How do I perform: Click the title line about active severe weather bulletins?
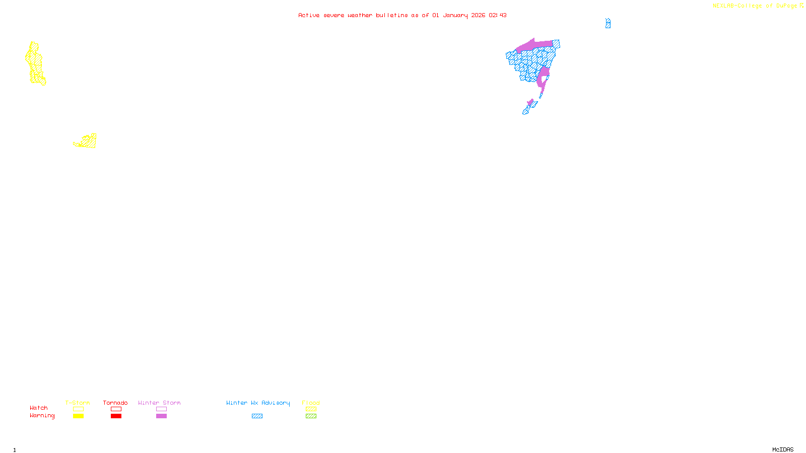(402, 15)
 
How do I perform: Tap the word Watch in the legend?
(39, 408)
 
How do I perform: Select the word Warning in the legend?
(42, 416)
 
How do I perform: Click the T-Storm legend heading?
(78, 403)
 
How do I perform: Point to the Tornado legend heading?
(115, 403)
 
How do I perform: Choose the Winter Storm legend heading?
(159, 403)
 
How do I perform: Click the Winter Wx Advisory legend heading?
(258, 403)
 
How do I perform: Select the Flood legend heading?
(311, 403)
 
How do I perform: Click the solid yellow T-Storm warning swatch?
(78, 416)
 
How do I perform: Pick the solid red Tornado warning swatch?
(116, 416)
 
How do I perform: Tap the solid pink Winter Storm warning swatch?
(161, 416)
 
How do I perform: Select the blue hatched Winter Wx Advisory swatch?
(257, 416)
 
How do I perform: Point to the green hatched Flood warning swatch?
(311, 416)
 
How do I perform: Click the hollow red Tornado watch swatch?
(116, 409)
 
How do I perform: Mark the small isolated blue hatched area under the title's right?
(608, 23)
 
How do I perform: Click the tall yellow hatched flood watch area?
(35, 63)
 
